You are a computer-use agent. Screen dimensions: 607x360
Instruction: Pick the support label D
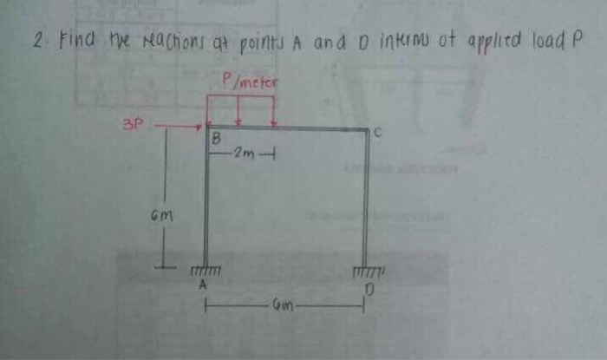tap(366, 286)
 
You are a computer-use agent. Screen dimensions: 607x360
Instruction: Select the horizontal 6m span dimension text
tap(284, 305)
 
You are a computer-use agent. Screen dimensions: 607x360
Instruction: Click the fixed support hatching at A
tap(207, 272)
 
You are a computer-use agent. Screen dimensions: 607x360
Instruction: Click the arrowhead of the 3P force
tap(199, 128)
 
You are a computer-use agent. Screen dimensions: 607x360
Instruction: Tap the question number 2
tap(36, 41)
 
